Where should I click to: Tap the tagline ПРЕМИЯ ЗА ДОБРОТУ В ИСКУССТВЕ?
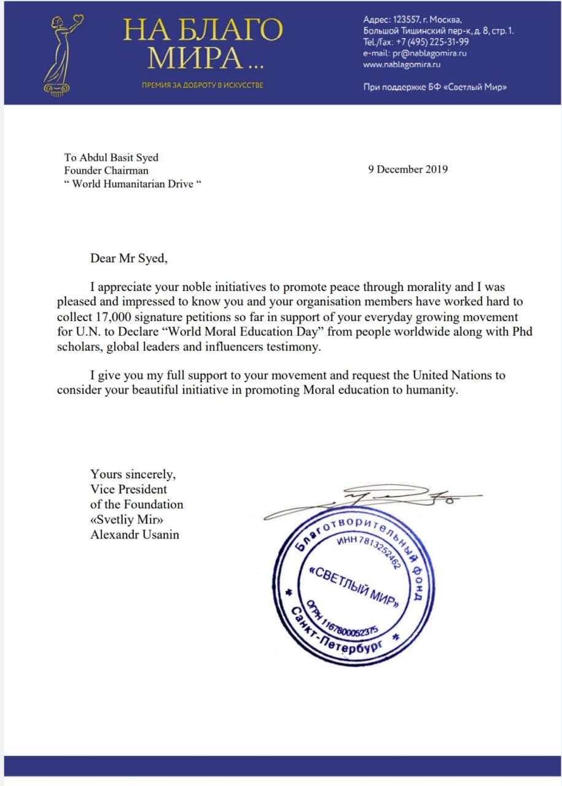coord(203,85)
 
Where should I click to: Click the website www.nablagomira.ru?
coord(402,64)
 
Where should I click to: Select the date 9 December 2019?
coord(408,169)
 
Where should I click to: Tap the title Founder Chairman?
coord(106,170)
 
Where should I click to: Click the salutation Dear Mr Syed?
coord(128,258)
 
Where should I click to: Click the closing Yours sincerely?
coord(134,475)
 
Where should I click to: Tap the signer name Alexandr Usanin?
coord(135,534)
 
